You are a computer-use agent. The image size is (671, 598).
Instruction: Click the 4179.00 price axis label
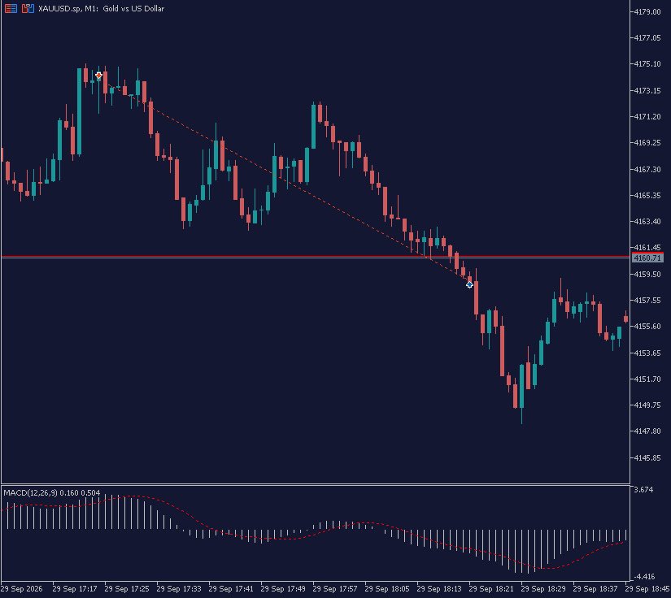[x=647, y=11]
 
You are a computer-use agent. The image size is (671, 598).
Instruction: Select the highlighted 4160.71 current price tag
[x=647, y=258]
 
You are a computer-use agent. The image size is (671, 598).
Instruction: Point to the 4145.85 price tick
[x=647, y=457]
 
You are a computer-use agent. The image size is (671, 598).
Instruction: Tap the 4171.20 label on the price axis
[x=647, y=117]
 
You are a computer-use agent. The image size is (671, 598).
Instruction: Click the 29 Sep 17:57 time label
[x=335, y=588]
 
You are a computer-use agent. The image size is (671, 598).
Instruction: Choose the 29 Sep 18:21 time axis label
[x=490, y=588]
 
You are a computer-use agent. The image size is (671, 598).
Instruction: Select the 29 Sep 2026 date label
[x=22, y=588]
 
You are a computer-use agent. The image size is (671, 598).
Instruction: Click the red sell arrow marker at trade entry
[x=98, y=76]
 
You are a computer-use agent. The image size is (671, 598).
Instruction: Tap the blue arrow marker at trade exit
[x=469, y=284]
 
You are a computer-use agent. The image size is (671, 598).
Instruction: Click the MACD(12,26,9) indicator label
[x=30, y=493]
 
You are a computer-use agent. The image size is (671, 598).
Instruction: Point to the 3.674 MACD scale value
[x=644, y=489]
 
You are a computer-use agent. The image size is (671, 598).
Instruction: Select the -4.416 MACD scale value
[x=643, y=577]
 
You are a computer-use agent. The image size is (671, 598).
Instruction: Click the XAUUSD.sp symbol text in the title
[x=59, y=9]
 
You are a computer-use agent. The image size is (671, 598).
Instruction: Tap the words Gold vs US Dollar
[x=133, y=9]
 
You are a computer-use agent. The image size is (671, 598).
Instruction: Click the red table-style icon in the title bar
[x=11, y=9]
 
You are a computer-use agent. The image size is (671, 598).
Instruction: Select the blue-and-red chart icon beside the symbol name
[x=28, y=9]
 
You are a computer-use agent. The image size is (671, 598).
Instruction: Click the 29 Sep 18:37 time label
[x=595, y=588]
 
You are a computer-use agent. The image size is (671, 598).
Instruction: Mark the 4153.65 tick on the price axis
[x=647, y=353]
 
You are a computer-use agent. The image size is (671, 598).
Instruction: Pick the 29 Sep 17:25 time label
[x=127, y=588]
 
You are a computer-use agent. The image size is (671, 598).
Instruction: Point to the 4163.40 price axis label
[x=647, y=222]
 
